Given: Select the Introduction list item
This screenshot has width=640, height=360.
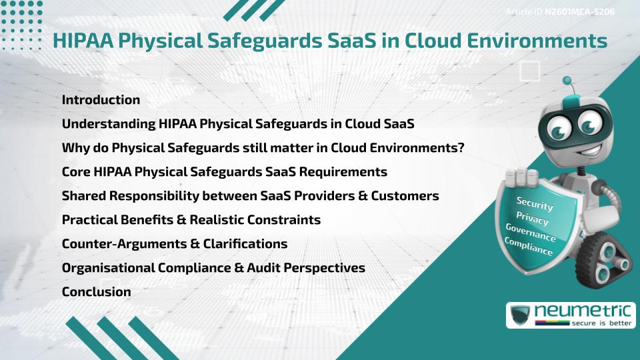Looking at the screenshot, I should click(101, 100).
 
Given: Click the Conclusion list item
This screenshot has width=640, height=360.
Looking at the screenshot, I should click(96, 291).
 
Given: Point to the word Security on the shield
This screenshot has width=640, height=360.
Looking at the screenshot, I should click(535, 203).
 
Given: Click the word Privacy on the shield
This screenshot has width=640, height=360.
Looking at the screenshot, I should click(532, 219).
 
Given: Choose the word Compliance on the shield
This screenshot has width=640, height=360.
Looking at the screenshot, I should click(529, 247).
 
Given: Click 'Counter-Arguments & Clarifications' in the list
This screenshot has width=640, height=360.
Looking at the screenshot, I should click(175, 243).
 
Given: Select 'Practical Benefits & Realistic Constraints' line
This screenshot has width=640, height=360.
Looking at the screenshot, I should click(191, 219).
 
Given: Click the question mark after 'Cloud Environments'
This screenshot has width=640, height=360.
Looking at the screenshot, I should click(461, 147).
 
